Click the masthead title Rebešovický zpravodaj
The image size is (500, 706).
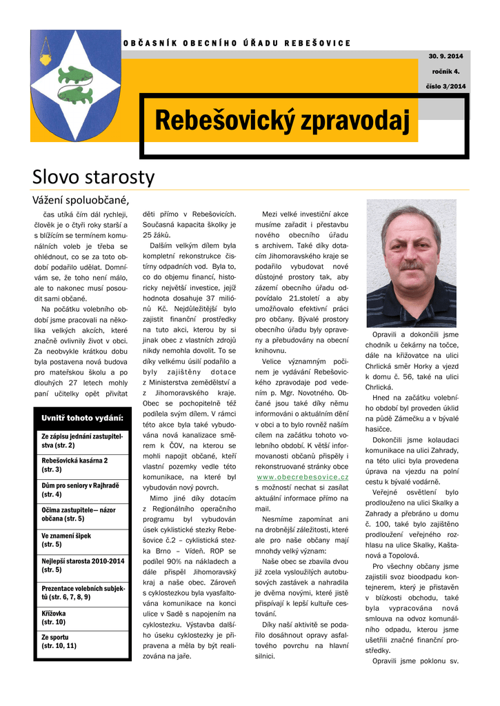[x=282, y=121]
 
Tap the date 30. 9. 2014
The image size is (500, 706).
[x=445, y=55]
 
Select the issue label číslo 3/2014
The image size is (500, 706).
[x=445, y=86]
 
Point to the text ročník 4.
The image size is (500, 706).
[x=446, y=71]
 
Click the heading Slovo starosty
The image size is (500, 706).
[x=94, y=177]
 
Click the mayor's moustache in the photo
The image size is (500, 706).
[x=411, y=265]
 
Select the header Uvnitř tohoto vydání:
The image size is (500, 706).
[x=82, y=418]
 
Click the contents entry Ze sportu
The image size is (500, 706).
[x=59, y=641]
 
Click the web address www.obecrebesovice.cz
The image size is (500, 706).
[x=302, y=477]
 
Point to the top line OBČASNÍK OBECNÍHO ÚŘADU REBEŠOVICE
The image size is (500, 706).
[x=237, y=43]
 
